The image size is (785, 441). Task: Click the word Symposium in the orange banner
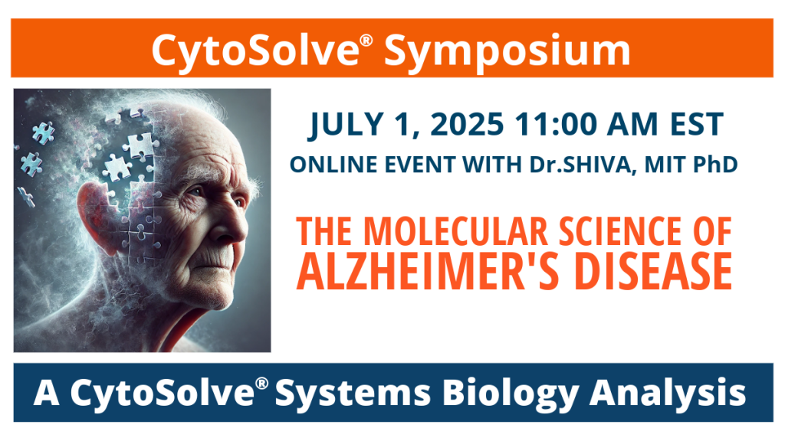[x=507, y=51]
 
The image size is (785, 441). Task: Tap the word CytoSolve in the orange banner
[x=255, y=51]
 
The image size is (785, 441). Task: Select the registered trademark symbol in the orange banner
[x=366, y=40]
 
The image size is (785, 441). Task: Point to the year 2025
[x=467, y=124]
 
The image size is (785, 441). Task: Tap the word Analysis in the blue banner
[x=668, y=393]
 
